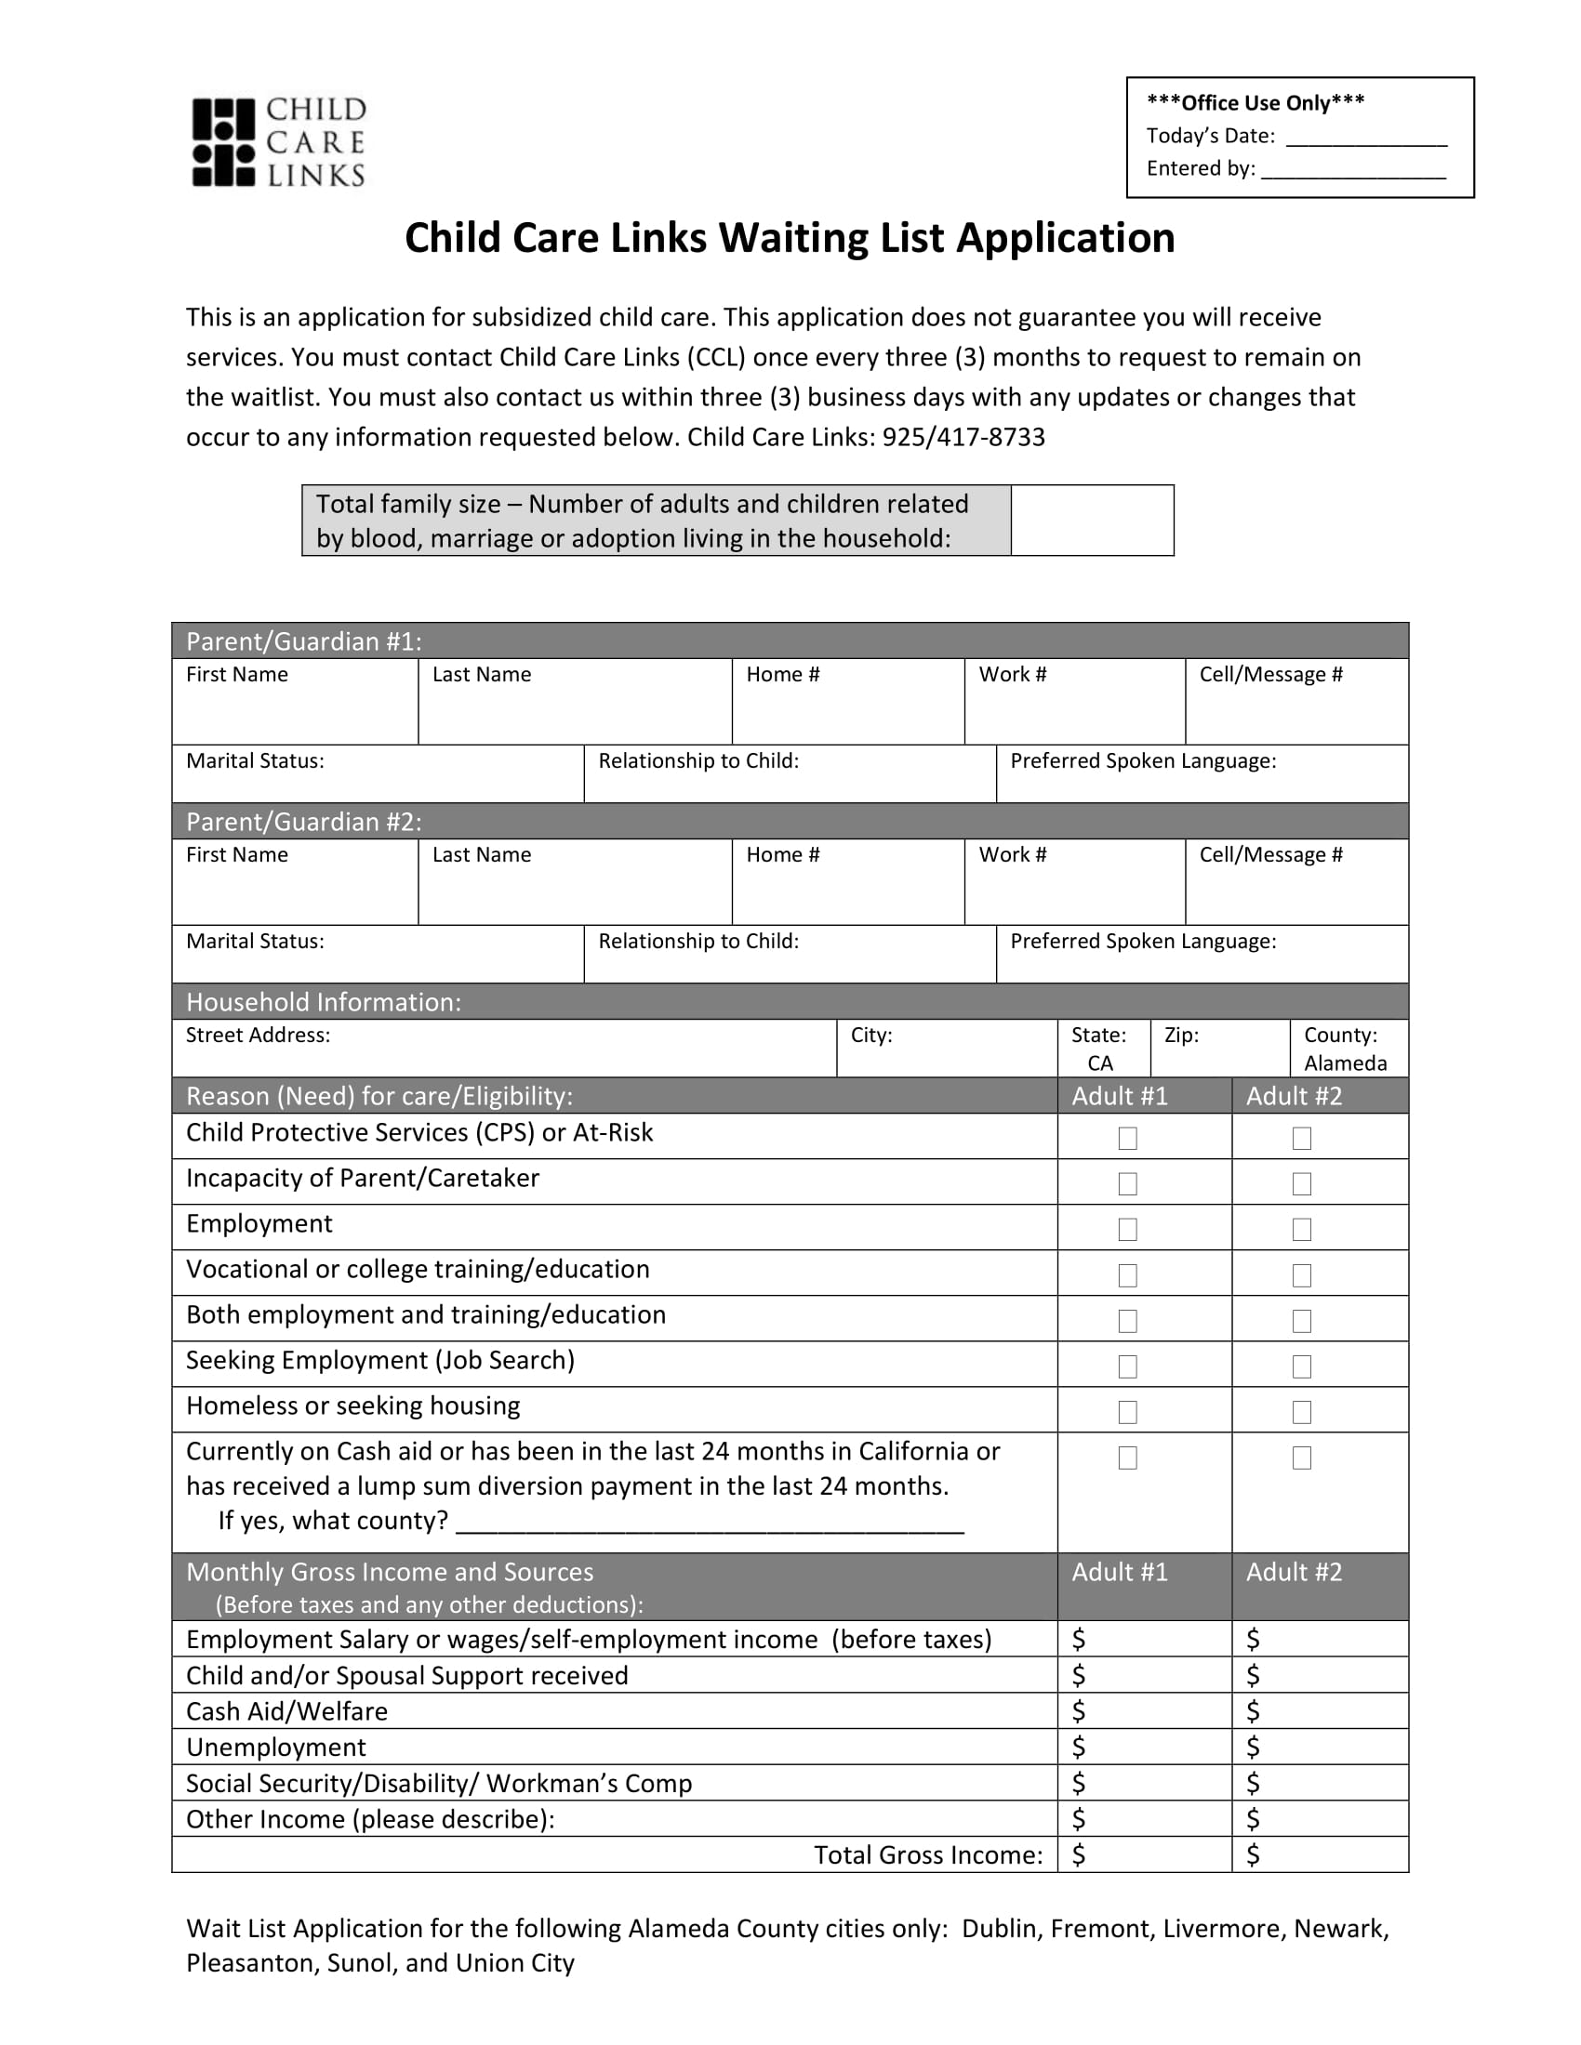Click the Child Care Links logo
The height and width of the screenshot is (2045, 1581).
point(278,142)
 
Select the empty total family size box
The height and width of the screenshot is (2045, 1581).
point(1091,521)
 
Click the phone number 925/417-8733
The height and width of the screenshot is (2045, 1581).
point(963,437)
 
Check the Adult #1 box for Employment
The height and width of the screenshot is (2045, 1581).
point(1128,1230)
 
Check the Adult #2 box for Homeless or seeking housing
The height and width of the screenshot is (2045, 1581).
point(1302,1412)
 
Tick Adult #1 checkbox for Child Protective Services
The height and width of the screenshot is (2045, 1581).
point(1128,1139)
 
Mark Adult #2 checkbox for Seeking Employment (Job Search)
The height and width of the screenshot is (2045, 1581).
point(1302,1367)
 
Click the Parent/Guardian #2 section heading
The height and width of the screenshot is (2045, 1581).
point(303,821)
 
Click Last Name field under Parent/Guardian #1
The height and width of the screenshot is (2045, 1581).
point(574,709)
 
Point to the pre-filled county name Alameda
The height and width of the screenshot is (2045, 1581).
point(1345,1062)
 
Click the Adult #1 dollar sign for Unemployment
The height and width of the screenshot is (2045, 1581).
point(1079,1748)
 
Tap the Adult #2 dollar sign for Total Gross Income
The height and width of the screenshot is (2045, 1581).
point(1254,1855)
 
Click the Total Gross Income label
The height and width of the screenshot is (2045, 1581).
point(927,1855)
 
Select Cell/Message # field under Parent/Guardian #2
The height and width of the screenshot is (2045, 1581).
point(1296,890)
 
